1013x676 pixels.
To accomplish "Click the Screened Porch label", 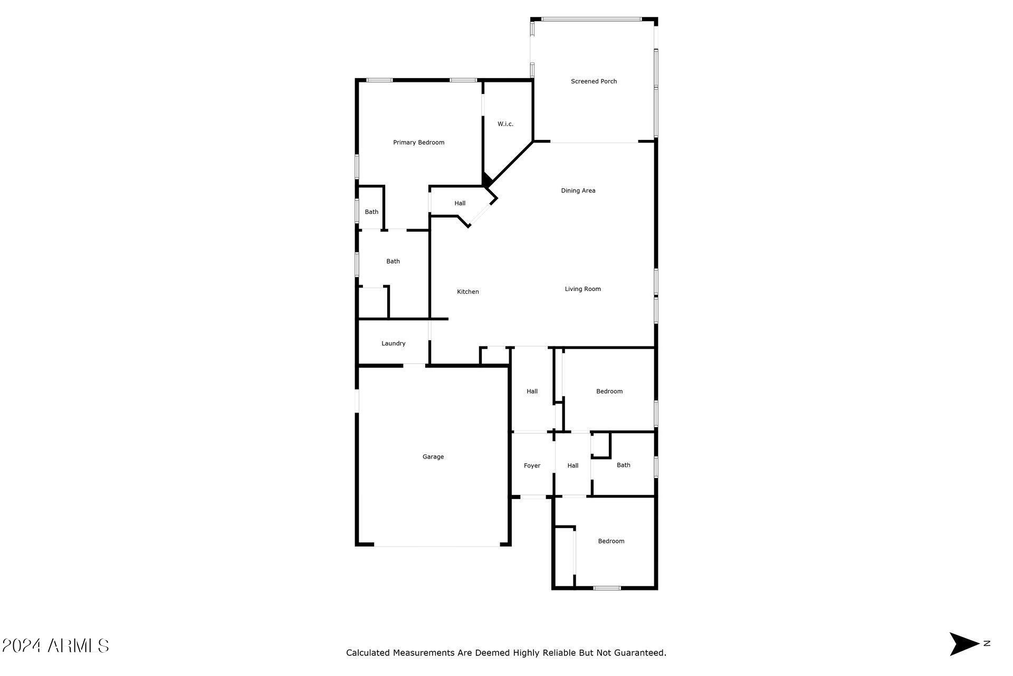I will click(x=594, y=81).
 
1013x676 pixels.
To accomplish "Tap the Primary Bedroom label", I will click(x=418, y=143).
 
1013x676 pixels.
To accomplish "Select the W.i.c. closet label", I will click(x=505, y=124).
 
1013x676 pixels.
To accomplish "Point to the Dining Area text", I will click(x=578, y=191).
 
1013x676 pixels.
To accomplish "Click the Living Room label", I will click(x=582, y=289).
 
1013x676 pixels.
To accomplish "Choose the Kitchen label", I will click(x=467, y=292).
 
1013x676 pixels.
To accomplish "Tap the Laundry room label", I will click(x=393, y=343).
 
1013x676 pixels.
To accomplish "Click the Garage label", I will click(x=433, y=457).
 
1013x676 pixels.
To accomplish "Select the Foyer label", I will click(x=532, y=466).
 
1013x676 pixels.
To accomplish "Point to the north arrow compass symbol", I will click(x=964, y=644).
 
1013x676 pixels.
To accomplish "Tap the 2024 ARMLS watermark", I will click(x=55, y=645).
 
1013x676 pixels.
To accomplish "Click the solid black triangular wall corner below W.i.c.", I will click(x=486, y=180).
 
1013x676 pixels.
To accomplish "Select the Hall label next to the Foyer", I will click(x=572, y=466).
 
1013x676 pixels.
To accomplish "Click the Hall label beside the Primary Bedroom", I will click(x=460, y=203).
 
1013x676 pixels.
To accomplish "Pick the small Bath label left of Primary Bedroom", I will click(x=371, y=212).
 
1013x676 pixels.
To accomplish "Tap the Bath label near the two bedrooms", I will click(x=623, y=465).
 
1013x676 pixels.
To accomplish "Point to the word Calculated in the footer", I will click(x=368, y=653).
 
